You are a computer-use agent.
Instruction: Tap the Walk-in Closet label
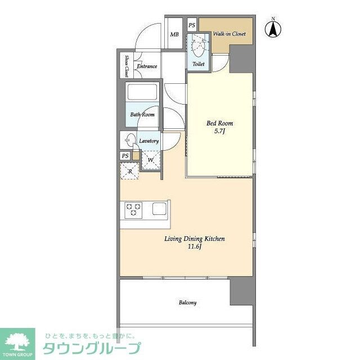coord(229,34)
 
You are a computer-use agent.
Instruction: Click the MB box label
coord(174,34)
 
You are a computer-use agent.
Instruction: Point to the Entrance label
coord(146,66)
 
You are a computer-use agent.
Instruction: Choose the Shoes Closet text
coord(128,66)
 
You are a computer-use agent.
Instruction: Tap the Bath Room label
coord(142,115)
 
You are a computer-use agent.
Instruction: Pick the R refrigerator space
coord(130,170)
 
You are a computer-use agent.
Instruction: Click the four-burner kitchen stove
coord(133,209)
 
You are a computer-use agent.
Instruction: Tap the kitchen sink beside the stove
coord(159,209)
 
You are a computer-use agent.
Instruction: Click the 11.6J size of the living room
coord(194,246)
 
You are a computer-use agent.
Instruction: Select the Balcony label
coord(188,303)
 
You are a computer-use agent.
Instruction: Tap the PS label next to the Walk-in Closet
coord(192,25)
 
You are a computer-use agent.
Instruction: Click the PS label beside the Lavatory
coord(125,156)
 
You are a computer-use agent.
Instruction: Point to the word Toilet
coord(198,64)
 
